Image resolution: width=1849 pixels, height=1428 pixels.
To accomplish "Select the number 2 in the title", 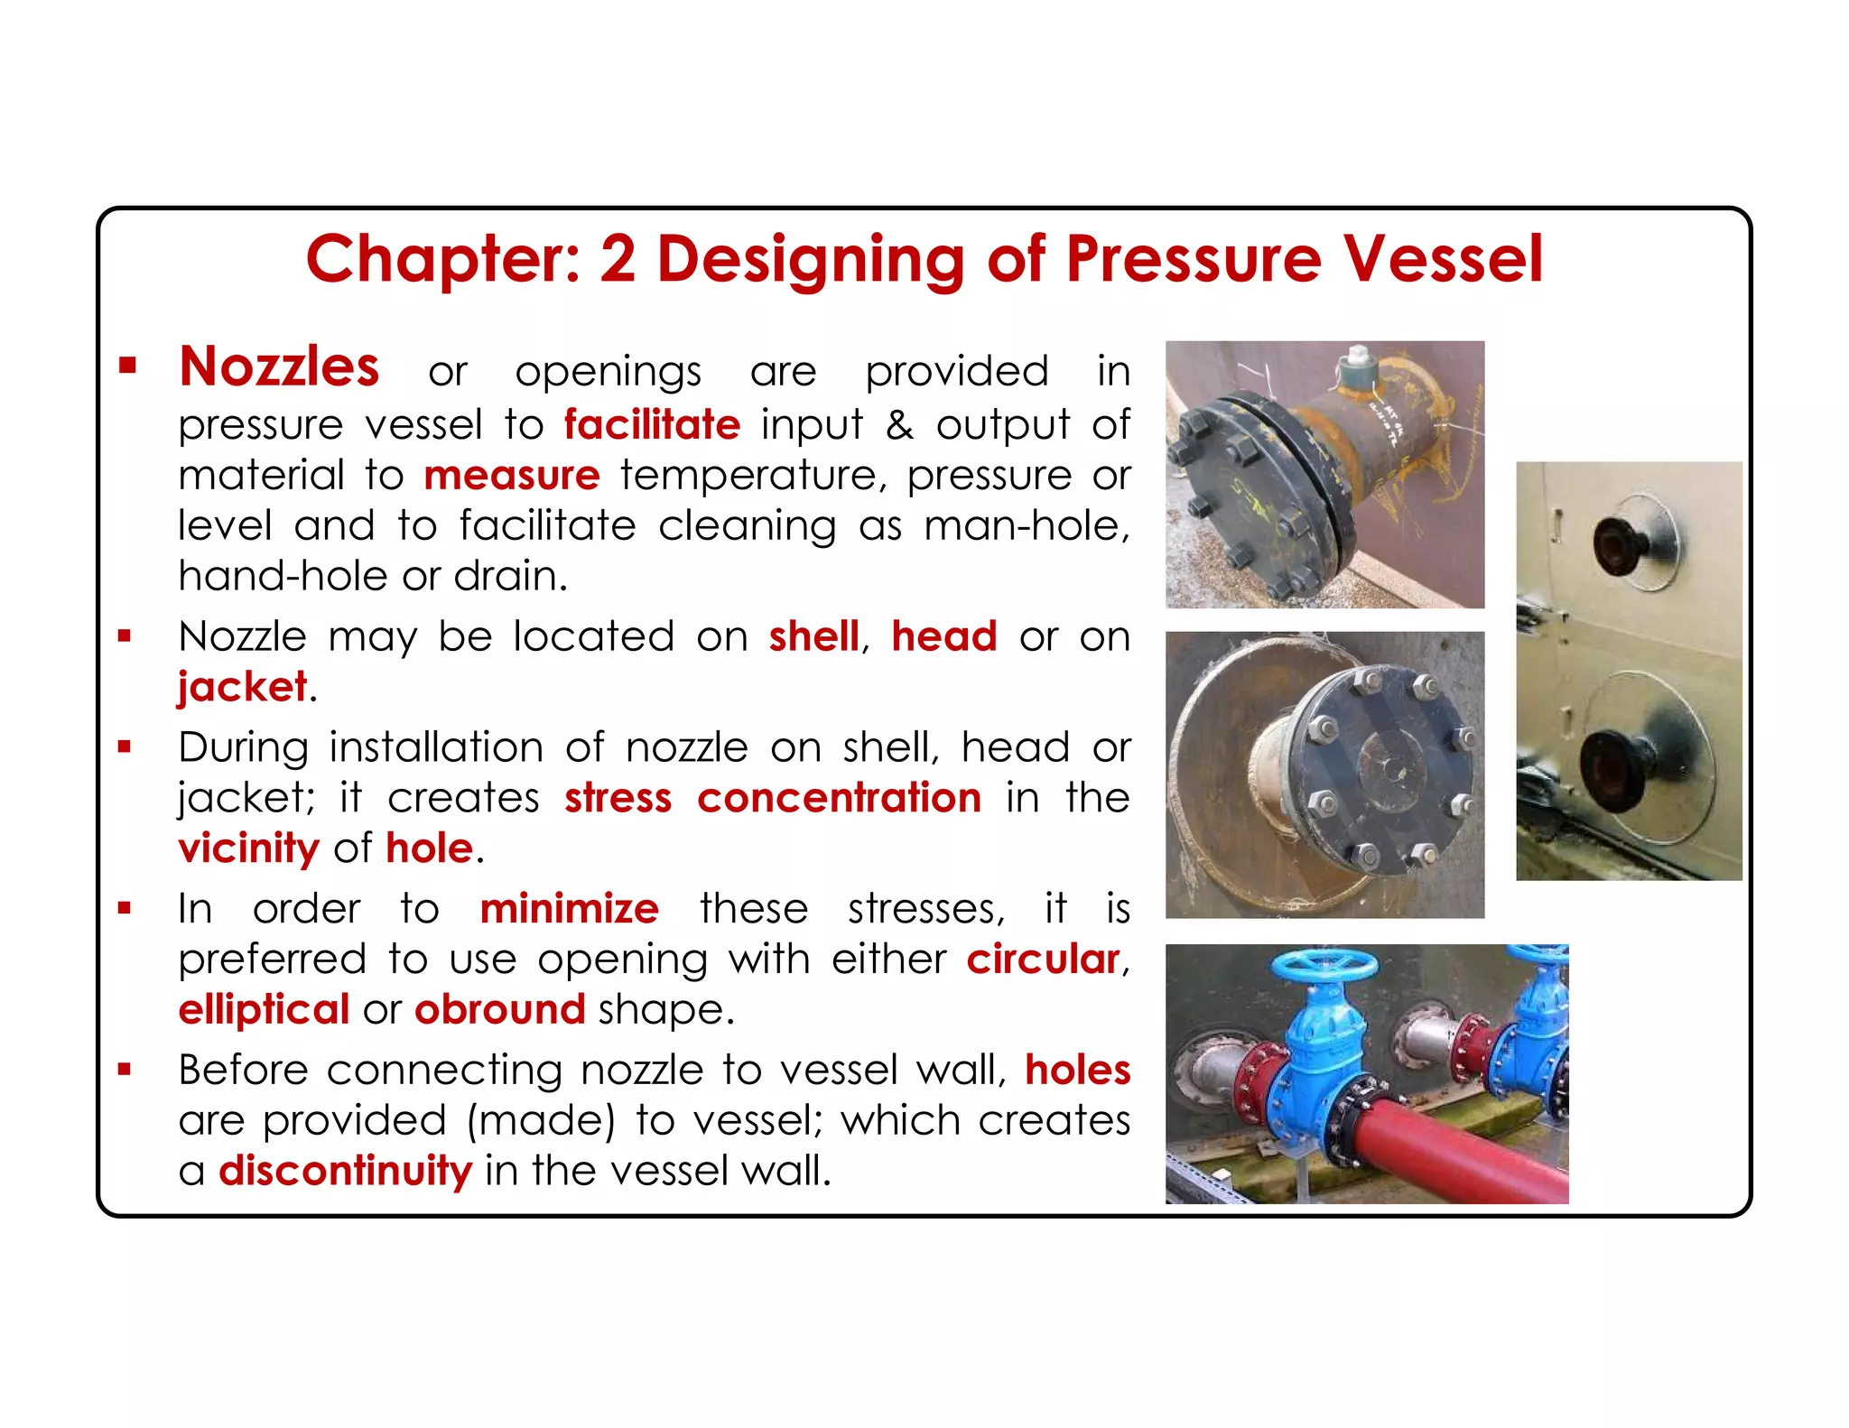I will pos(618,259).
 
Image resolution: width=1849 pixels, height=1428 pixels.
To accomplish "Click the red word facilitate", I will pos(652,424).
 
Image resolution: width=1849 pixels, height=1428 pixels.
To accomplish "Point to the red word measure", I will pos(511,475).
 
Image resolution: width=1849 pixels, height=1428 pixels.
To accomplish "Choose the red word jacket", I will pos(242,687).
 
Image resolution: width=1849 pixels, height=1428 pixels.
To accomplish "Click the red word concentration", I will pos(839,798).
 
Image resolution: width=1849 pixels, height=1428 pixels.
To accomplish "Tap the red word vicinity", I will pos(248,848).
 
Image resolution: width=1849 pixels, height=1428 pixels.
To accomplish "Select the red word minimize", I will pos(569,908).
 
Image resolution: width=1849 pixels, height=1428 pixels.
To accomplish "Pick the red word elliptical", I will pos(264,1009).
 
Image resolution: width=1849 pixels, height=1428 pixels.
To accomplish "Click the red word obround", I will pos(499,1009).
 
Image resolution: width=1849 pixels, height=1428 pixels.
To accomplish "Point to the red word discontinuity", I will pos(345,1170).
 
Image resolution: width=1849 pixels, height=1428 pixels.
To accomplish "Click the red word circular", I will pos(1043,959).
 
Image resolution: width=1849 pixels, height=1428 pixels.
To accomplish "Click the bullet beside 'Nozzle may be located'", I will pos(125,636).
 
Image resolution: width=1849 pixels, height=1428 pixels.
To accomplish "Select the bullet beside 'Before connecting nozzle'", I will pos(125,1070).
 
